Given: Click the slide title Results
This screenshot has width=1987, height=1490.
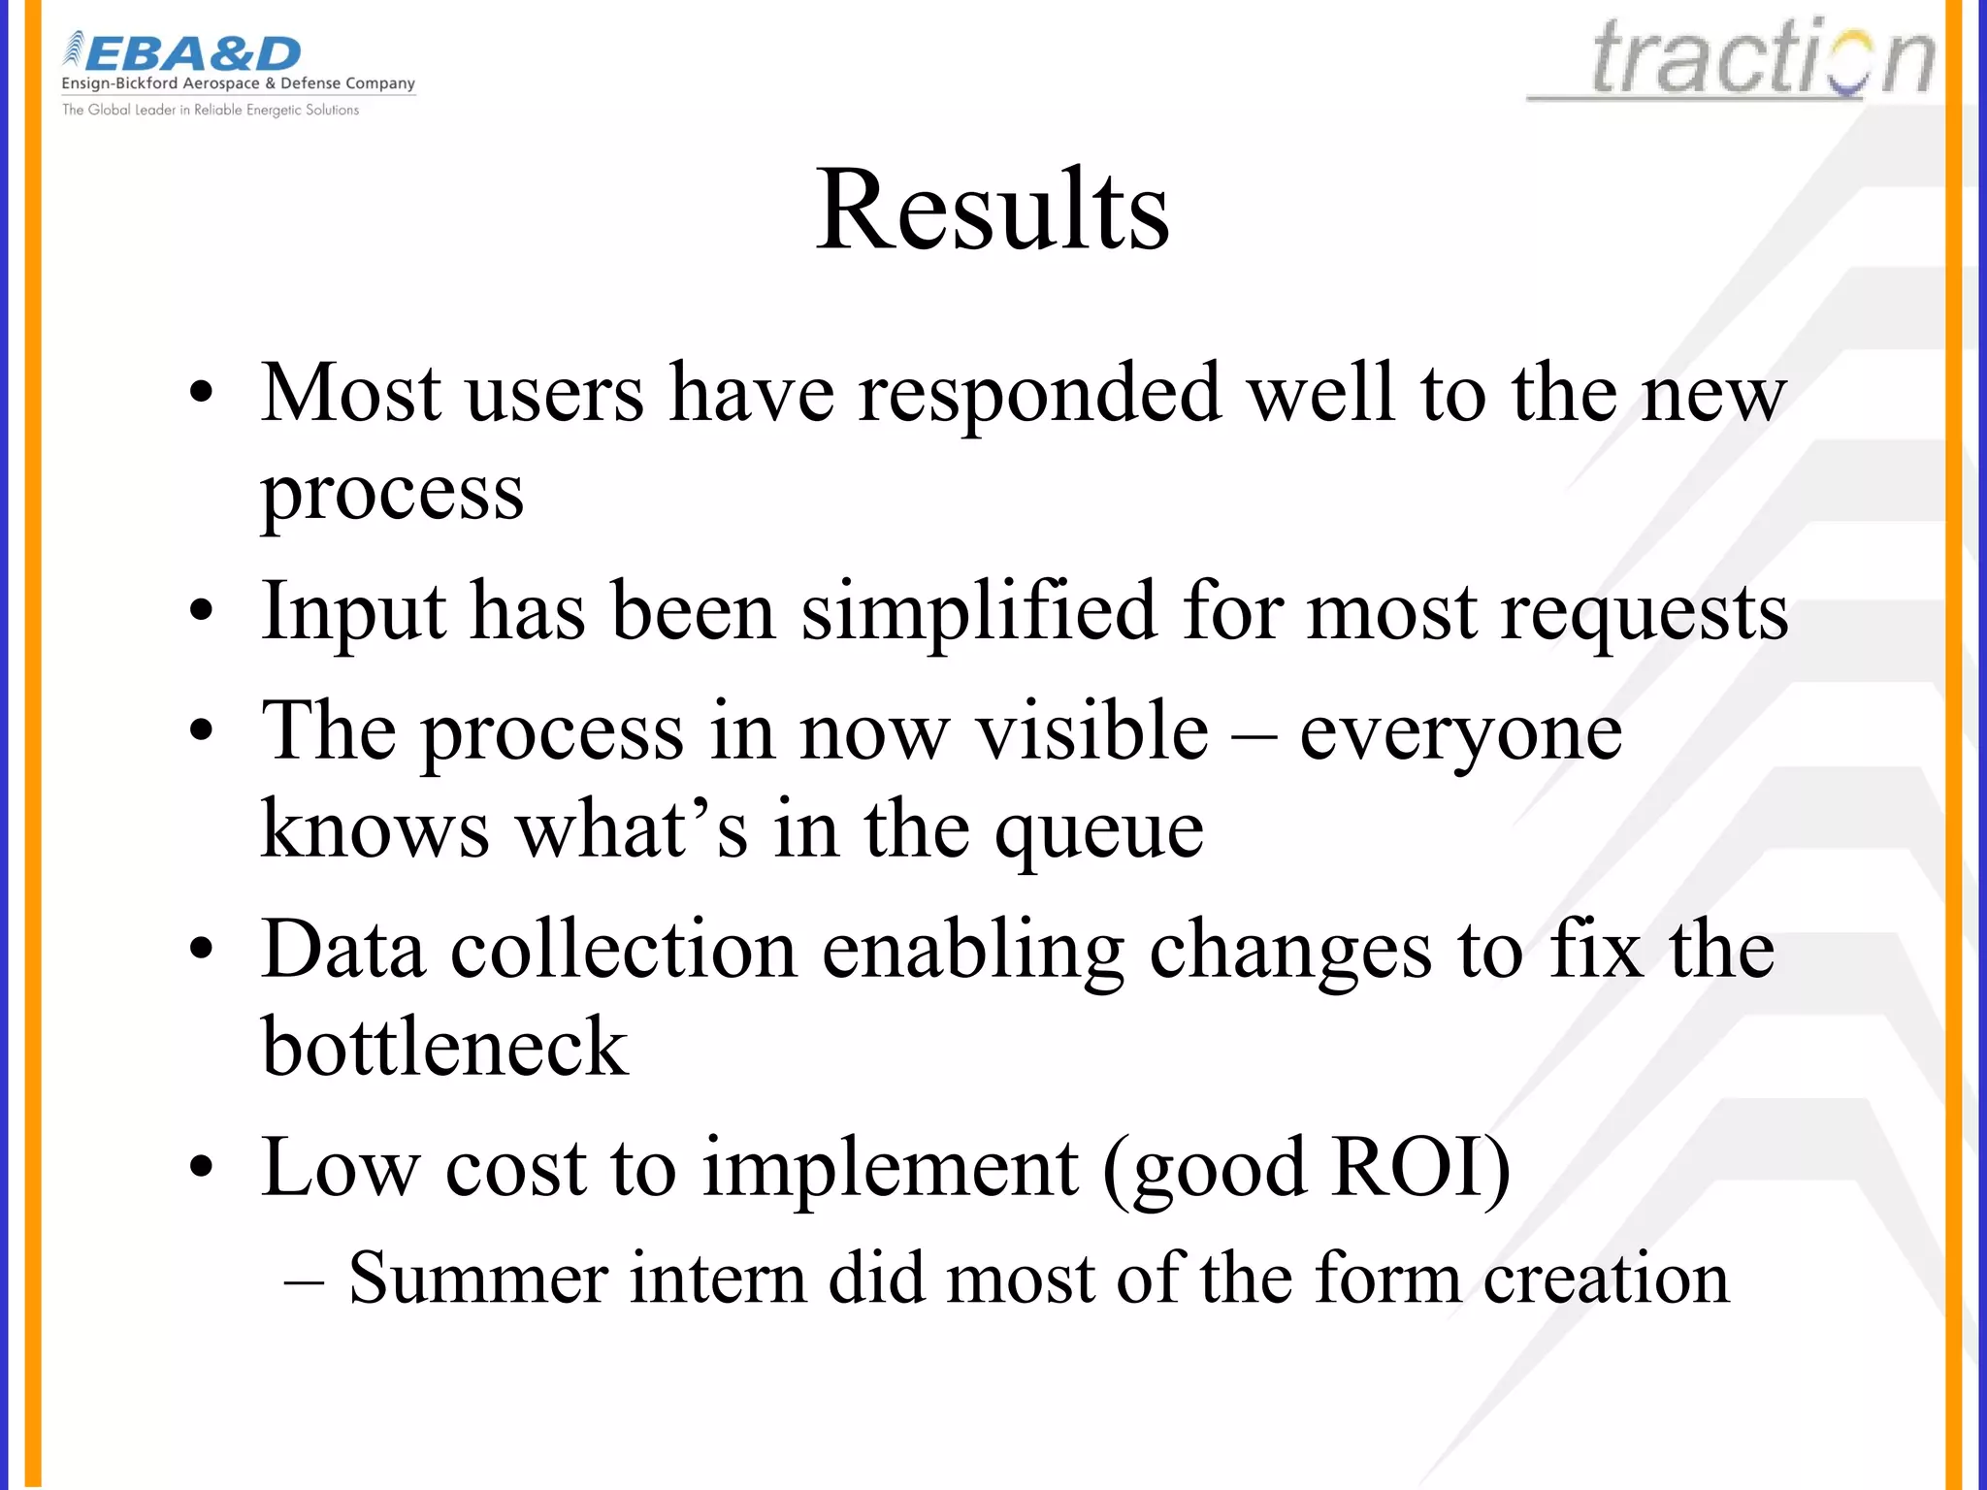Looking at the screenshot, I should (x=992, y=211).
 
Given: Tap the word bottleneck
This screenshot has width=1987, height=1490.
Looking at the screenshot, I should (x=444, y=1048).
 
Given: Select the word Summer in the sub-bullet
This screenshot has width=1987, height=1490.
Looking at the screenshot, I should (x=477, y=1279).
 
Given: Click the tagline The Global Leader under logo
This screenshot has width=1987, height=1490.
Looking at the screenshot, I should (x=211, y=110).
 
